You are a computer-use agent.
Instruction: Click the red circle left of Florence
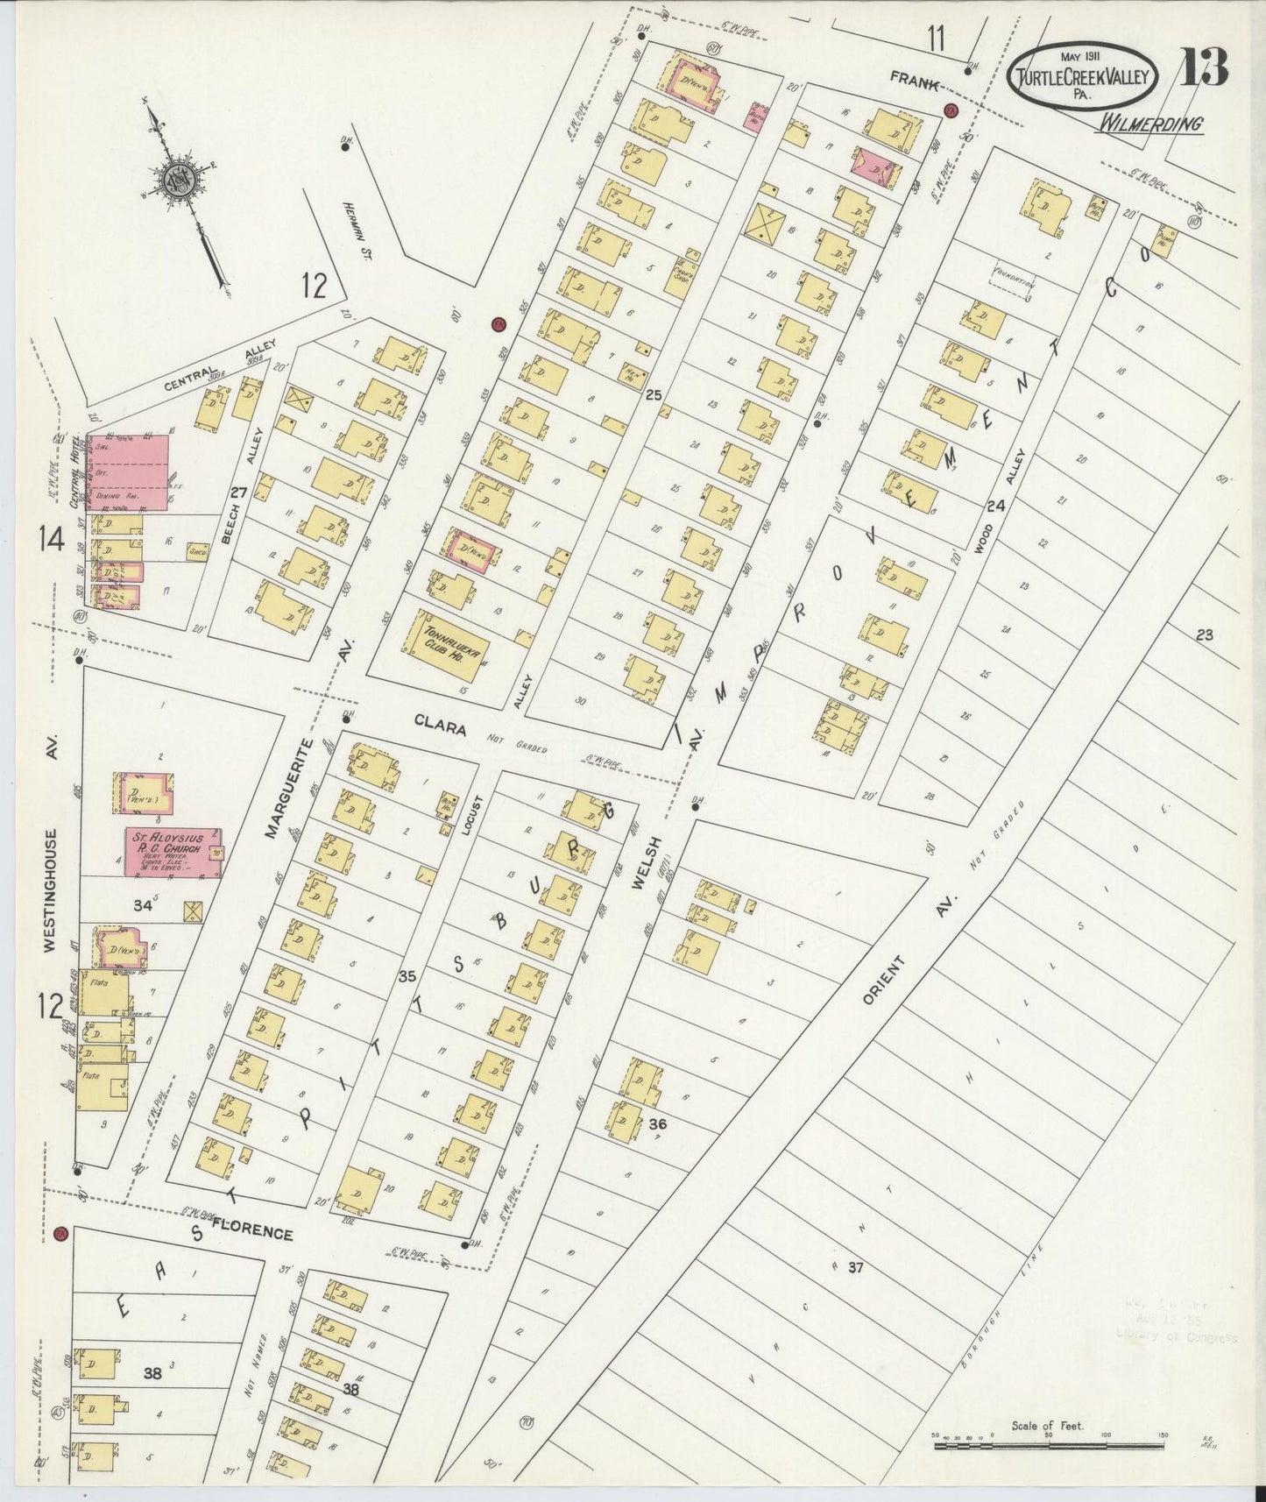60,1234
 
